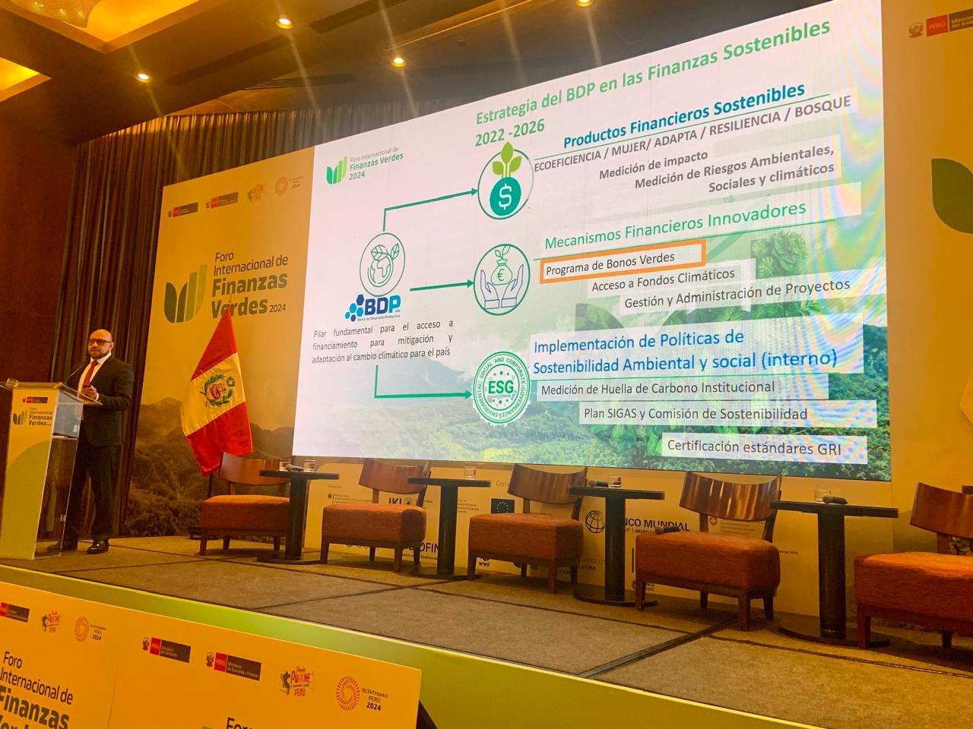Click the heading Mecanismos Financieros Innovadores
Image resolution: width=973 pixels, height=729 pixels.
pos(675,226)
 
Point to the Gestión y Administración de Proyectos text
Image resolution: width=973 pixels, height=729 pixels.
pos(736,294)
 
